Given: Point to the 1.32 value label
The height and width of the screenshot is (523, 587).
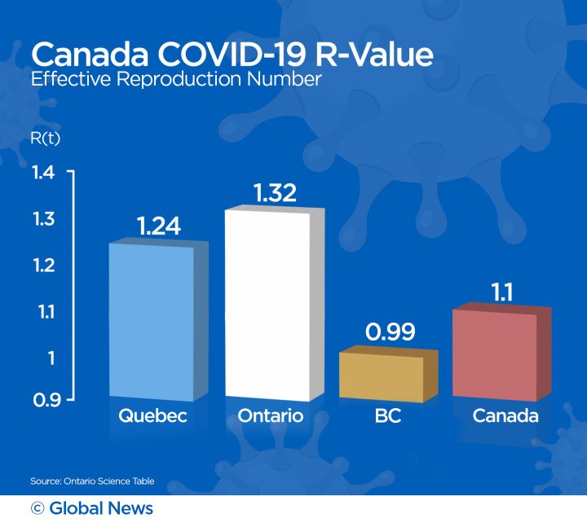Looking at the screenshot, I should (275, 193).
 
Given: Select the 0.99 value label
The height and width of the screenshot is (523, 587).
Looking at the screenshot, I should (389, 332).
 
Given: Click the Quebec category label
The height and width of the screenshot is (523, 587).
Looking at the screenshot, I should (153, 416).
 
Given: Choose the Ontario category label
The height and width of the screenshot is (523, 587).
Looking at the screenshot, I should (271, 416).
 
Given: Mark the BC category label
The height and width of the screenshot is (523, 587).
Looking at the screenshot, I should (387, 416).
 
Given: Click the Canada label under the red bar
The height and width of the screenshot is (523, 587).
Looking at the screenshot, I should (505, 416).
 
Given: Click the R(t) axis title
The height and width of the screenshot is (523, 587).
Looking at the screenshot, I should (46, 138).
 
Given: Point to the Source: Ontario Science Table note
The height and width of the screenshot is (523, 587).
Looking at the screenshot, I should (92, 481).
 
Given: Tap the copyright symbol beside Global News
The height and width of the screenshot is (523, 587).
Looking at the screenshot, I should (37, 508).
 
